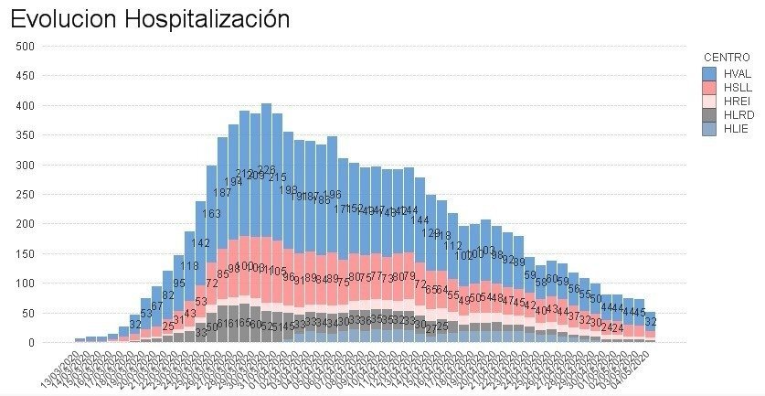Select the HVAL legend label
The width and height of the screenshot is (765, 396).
[738, 72]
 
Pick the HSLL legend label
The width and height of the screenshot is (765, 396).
[737, 87]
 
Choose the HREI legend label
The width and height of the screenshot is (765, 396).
[737, 102]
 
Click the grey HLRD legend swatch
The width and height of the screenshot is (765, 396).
[709, 115]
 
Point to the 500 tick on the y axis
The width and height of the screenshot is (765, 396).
[25, 46]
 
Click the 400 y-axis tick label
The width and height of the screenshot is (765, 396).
[25, 105]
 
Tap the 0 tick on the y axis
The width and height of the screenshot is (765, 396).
[30, 343]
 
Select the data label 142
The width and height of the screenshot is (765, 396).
[200, 243]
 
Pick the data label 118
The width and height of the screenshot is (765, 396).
[189, 266]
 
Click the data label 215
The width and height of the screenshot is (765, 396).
[277, 177]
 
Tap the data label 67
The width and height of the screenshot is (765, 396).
[156, 305]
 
